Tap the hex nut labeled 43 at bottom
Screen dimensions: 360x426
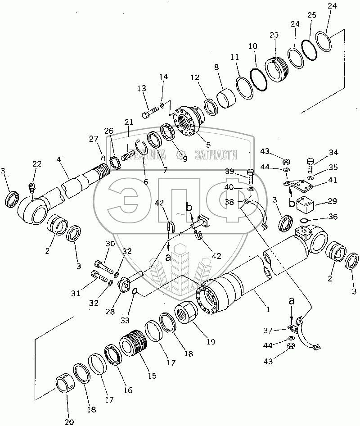(x=291, y=346)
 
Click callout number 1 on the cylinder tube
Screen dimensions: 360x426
(x=268, y=309)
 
